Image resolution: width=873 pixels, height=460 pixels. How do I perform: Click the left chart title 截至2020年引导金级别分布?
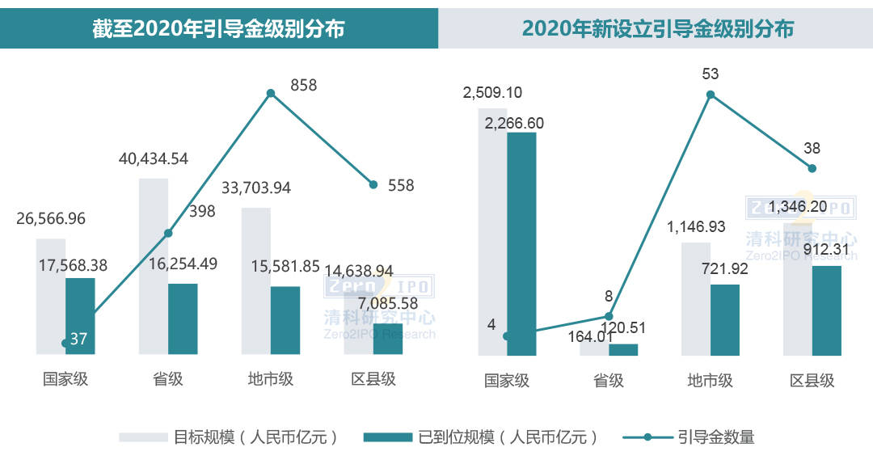[x=218, y=29]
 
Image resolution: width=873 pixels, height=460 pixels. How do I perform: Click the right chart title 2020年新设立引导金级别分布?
[x=657, y=29]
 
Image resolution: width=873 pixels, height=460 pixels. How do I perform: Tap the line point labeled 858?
[x=271, y=93]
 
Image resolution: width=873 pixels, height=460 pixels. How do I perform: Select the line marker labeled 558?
[x=373, y=184]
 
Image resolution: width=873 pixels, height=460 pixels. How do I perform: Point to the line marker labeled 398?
[x=168, y=233]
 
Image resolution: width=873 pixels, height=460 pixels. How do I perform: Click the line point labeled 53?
[x=711, y=95]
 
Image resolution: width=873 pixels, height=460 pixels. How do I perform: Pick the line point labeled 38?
[x=812, y=168]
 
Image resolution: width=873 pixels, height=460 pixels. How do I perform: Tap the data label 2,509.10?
[x=492, y=93]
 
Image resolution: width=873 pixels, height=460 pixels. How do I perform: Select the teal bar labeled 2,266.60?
[x=521, y=243]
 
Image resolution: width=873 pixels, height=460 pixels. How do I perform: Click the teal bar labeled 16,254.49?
[x=183, y=319]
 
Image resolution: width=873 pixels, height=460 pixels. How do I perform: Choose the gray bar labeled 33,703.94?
[x=255, y=281]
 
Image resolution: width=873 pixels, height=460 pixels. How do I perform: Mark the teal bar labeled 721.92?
[x=725, y=319]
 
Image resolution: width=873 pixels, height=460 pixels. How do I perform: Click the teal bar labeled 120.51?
[x=623, y=349]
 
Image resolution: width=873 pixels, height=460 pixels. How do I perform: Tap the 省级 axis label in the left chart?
[x=167, y=378]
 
